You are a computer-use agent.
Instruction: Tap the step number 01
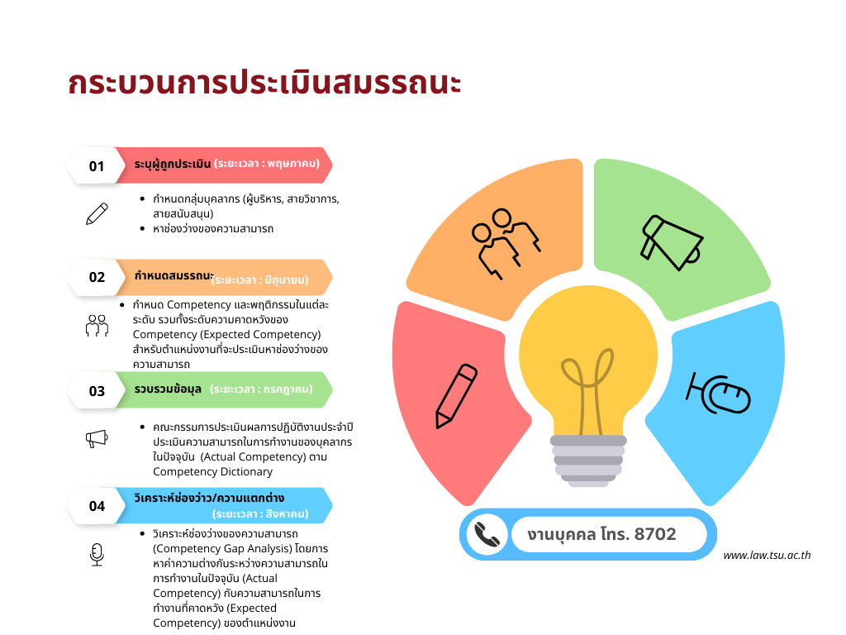pyautogui.click(x=97, y=166)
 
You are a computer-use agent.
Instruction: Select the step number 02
pyautogui.click(x=97, y=278)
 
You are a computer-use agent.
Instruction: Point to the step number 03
pyautogui.click(x=97, y=391)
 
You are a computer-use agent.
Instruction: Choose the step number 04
pyautogui.click(x=97, y=507)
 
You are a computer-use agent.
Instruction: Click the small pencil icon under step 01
pyautogui.click(x=97, y=214)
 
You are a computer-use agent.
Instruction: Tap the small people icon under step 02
pyautogui.click(x=97, y=326)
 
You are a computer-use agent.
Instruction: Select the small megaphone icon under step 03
pyautogui.click(x=97, y=438)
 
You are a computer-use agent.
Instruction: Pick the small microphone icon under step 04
pyautogui.click(x=97, y=555)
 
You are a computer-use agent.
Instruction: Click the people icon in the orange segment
pyautogui.click(x=505, y=243)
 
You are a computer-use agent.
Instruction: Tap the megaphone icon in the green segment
pyautogui.click(x=672, y=242)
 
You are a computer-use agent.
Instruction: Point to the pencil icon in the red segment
pyautogui.click(x=456, y=396)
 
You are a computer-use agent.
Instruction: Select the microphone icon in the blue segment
pyautogui.click(x=719, y=393)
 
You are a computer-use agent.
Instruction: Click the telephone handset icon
pyautogui.click(x=487, y=535)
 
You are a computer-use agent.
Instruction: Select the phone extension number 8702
pyautogui.click(x=655, y=534)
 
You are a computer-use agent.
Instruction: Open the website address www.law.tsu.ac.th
pyautogui.click(x=767, y=555)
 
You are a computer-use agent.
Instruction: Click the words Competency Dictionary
pyautogui.click(x=212, y=472)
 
